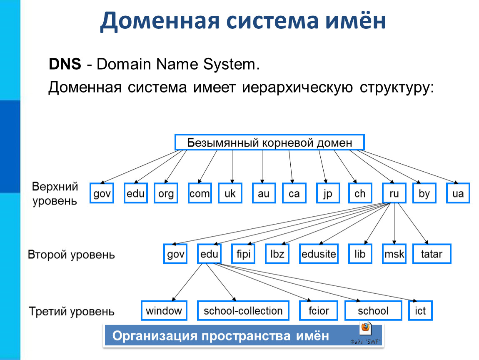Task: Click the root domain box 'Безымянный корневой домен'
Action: click(x=269, y=142)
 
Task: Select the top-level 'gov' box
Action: click(x=102, y=193)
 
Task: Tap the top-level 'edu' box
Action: click(x=136, y=193)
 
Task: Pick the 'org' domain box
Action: click(x=166, y=193)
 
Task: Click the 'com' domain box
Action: click(x=200, y=193)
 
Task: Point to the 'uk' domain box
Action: click(x=230, y=193)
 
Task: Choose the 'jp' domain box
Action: click(x=328, y=193)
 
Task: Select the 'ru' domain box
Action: click(x=394, y=193)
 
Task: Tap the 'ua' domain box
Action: click(x=458, y=193)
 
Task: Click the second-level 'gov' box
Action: click(x=175, y=254)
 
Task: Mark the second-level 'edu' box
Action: click(x=209, y=254)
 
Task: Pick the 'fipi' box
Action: click(x=243, y=254)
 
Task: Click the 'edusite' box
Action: click(x=319, y=254)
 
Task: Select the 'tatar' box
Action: click(x=432, y=254)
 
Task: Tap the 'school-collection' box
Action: click(x=243, y=310)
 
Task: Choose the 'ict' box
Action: click(x=420, y=310)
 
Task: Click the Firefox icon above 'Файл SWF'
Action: click(x=366, y=329)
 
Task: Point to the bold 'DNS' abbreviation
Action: click(x=65, y=64)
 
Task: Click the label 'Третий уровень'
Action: click(x=72, y=311)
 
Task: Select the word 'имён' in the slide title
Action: click(x=355, y=21)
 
